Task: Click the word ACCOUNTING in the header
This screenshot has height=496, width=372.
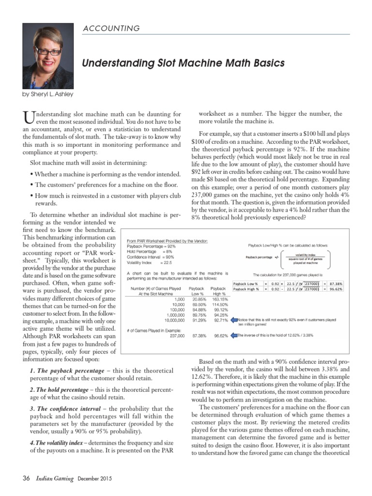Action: [x=111, y=29]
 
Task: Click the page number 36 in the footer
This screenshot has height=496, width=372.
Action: [x=26, y=479]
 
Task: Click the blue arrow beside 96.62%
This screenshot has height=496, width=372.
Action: [x=234, y=335]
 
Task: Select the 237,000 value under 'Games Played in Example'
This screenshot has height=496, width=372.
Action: [x=174, y=335]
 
